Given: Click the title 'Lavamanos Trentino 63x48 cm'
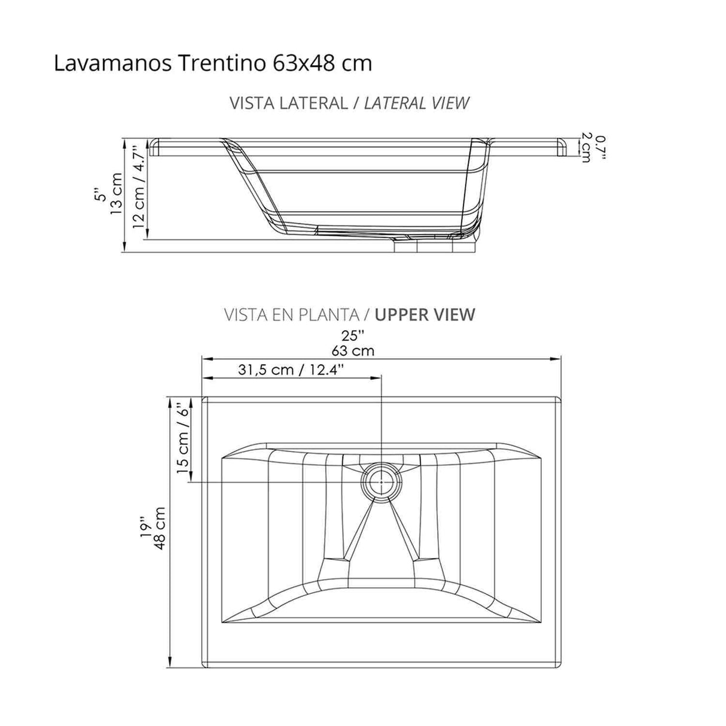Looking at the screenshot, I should click(212, 63).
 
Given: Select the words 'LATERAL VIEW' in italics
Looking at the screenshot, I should click(416, 103).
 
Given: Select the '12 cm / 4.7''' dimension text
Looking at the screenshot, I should click(139, 187).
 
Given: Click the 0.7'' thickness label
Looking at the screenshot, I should click(601, 147).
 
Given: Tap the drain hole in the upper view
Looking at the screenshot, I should click(381, 481).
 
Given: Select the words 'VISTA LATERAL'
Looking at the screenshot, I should click(288, 103).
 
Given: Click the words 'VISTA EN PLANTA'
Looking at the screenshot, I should click(292, 314).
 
